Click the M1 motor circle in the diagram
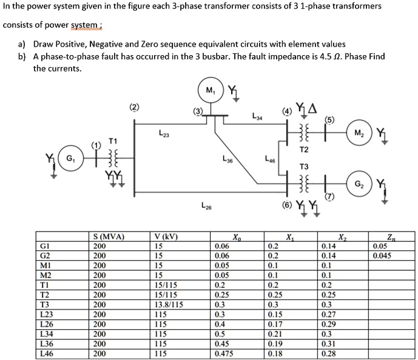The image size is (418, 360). tap(210, 92)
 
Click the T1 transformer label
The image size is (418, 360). tap(112, 140)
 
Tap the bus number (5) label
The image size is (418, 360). tap(329, 119)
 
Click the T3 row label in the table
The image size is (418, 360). tap(44, 304)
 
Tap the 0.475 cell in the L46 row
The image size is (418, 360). tap(225, 353)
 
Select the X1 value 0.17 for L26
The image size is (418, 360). tap(275, 324)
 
